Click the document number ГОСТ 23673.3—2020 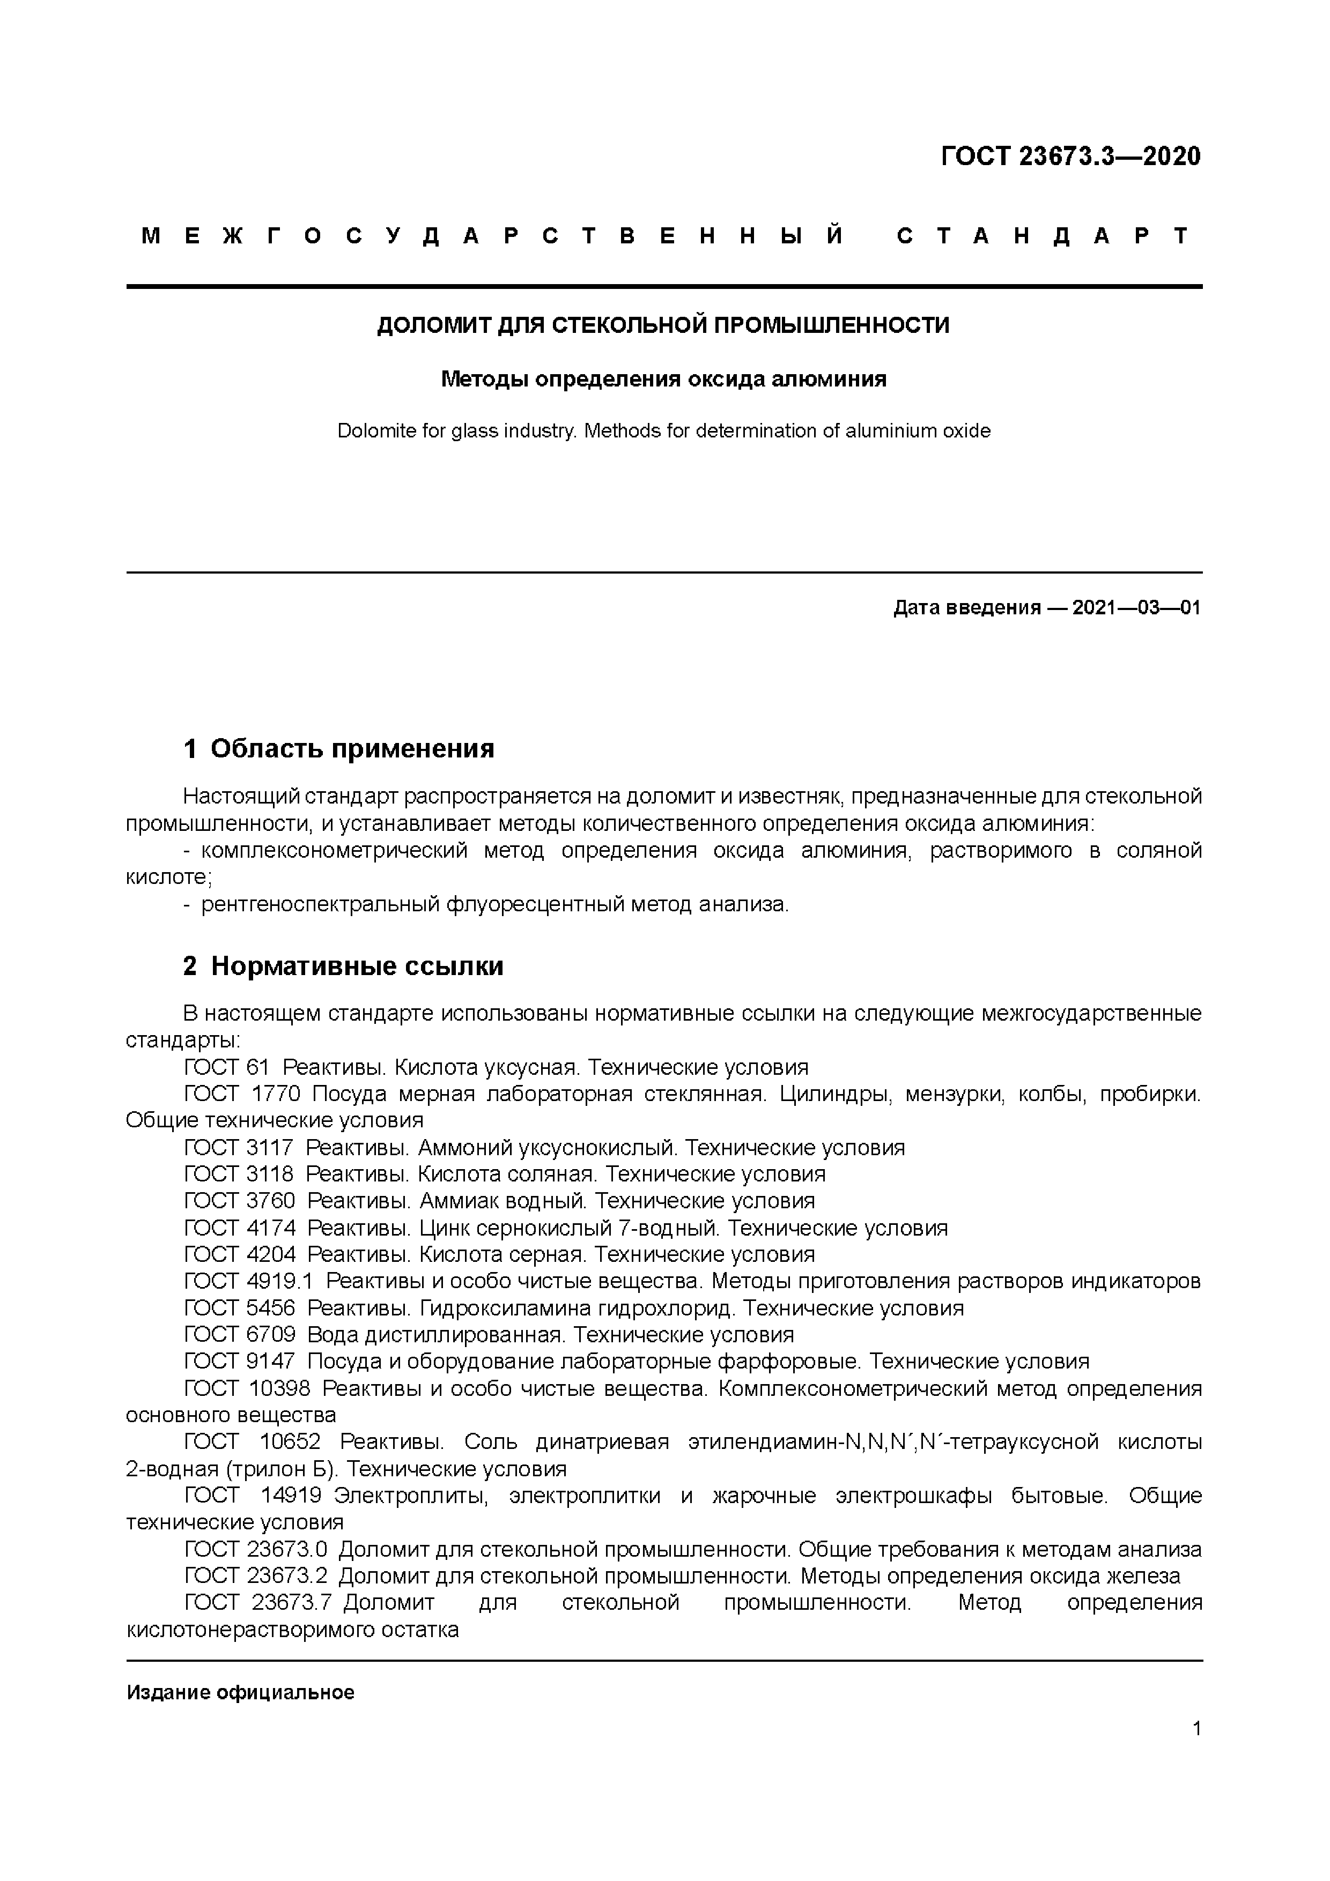[x=1070, y=155]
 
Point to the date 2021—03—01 [x=1136, y=608]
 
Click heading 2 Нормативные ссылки [x=343, y=966]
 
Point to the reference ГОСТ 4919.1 [x=248, y=1281]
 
